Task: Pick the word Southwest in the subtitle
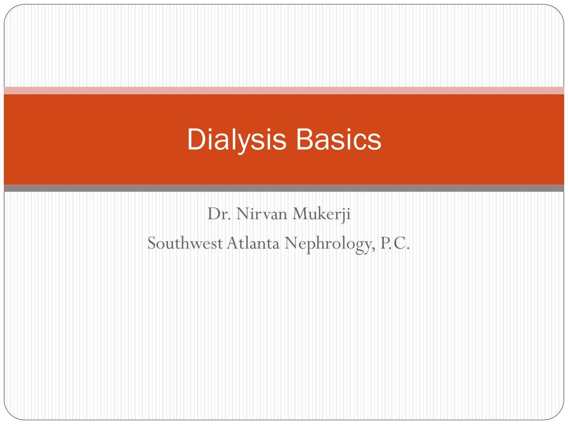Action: click(185, 243)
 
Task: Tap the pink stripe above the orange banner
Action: click(284, 90)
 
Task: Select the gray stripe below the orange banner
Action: click(284, 188)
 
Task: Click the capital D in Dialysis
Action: click(194, 140)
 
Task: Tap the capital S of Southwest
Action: click(151, 243)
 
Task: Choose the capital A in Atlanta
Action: click(231, 243)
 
